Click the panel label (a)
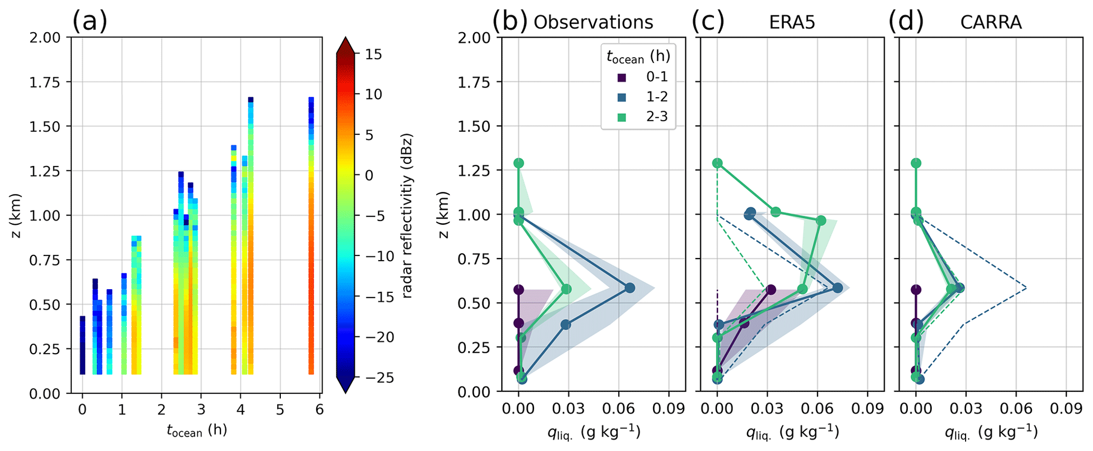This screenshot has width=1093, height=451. pyautogui.click(x=89, y=22)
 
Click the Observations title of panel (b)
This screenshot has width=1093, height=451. pyautogui.click(x=593, y=22)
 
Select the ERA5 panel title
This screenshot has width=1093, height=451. pyautogui.click(x=792, y=22)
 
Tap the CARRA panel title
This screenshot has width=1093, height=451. pyautogui.click(x=991, y=22)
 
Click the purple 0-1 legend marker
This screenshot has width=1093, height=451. pyautogui.click(x=622, y=77)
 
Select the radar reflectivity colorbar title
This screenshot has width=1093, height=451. pyautogui.click(x=407, y=216)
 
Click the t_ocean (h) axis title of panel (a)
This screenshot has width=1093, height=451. pyautogui.click(x=197, y=431)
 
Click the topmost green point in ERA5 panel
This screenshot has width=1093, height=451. pyautogui.click(x=717, y=163)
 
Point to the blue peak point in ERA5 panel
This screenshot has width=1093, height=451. pyautogui.click(x=838, y=288)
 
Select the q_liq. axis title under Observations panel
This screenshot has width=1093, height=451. pyautogui.click(x=594, y=432)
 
